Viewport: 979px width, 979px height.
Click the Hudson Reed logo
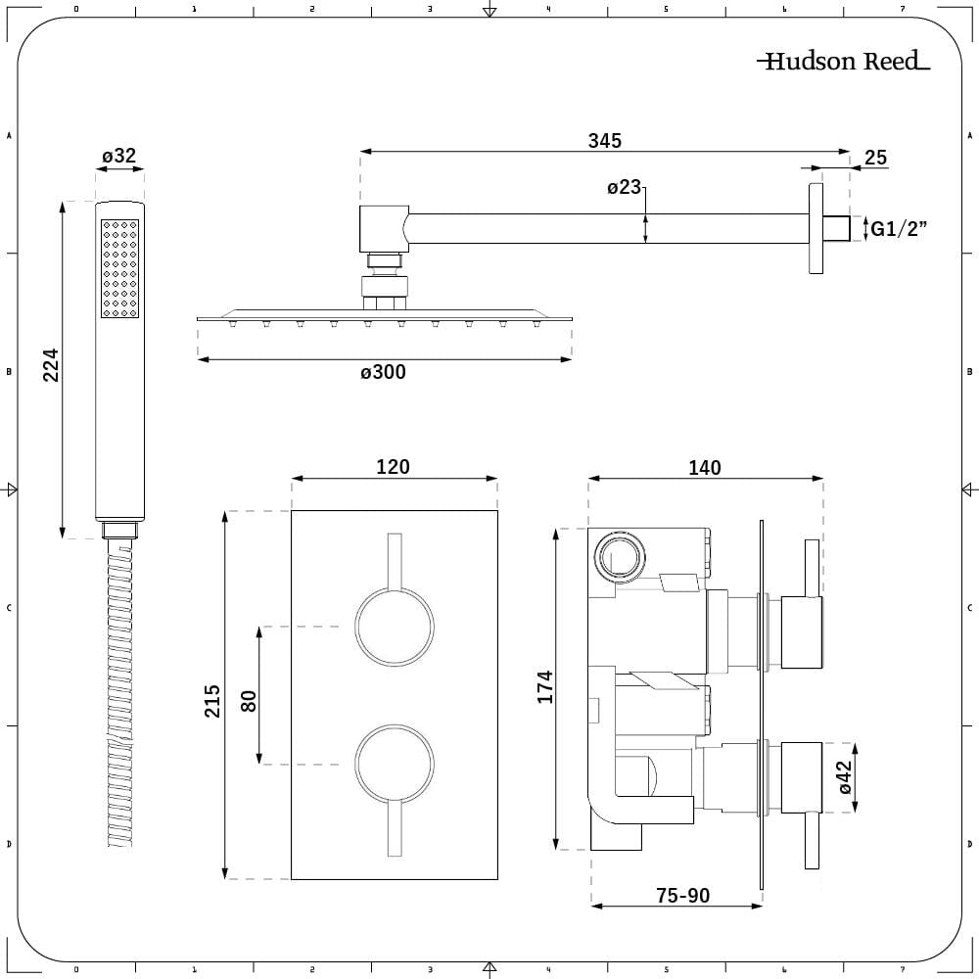(843, 62)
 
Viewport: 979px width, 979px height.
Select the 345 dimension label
(604, 140)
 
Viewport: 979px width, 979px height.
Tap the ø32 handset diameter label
(118, 155)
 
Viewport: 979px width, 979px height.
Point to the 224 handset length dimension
(52, 364)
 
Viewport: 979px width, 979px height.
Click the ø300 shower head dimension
(382, 372)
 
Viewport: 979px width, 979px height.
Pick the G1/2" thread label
(899, 229)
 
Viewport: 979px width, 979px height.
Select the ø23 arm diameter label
(623, 187)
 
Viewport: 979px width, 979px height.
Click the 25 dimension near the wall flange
(875, 158)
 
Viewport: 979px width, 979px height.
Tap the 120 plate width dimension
(393, 467)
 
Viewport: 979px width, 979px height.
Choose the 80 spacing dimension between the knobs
(248, 700)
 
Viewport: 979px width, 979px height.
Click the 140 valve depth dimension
(704, 468)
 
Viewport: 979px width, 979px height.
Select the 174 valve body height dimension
(544, 686)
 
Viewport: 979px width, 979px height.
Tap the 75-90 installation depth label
(683, 895)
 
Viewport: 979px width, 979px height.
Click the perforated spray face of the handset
(118, 268)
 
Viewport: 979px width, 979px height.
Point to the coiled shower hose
(118, 695)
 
